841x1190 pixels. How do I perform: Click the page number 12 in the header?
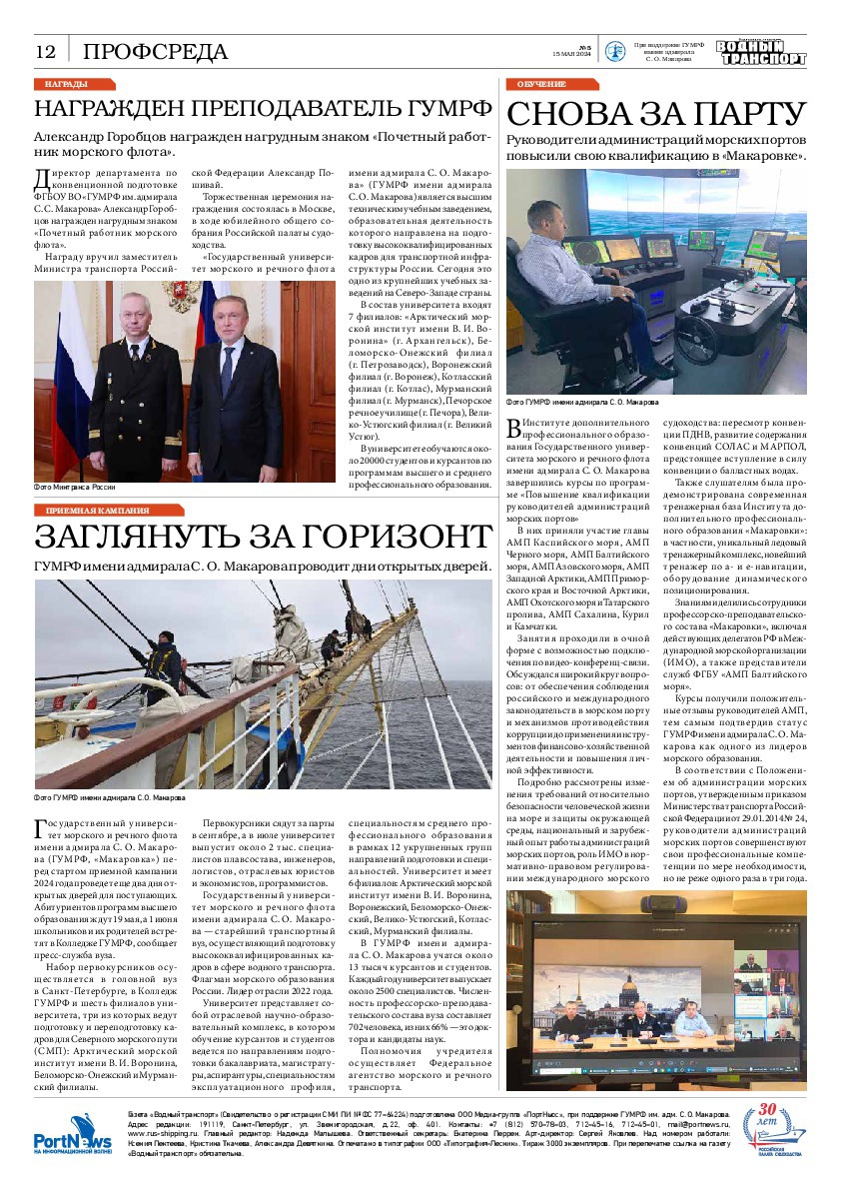coord(46,52)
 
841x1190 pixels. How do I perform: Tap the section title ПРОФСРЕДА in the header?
coord(155,52)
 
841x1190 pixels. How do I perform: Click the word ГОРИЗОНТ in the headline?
coord(369,537)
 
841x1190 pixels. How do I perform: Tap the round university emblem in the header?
coord(617,52)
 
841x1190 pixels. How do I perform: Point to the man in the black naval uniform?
coord(150,390)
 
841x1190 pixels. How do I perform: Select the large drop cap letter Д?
coord(43,179)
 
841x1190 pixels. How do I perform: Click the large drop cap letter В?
coord(515,429)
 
